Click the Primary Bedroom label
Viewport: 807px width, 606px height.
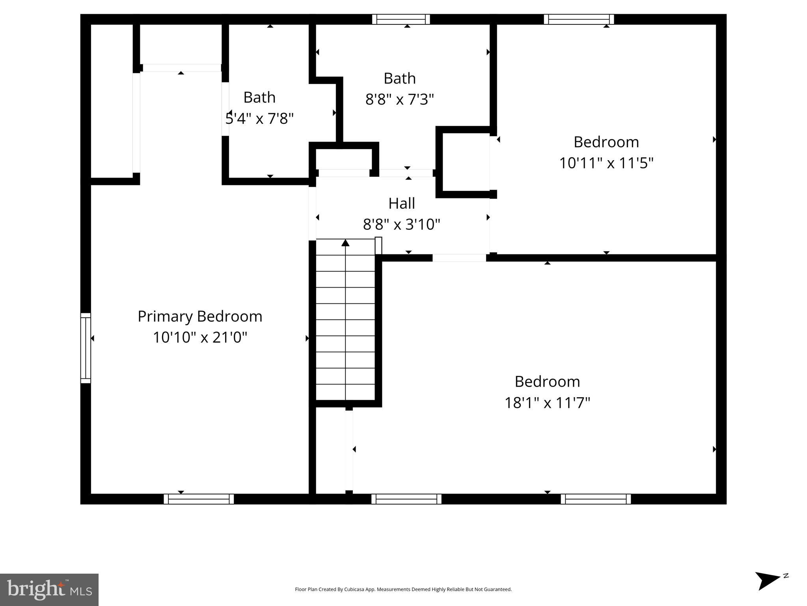(x=200, y=316)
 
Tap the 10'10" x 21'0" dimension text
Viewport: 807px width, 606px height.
(x=200, y=337)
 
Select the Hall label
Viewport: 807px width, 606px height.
(x=401, y=204)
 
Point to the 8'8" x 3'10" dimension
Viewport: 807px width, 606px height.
(x=401, y=224)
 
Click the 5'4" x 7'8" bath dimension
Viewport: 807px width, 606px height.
(x=259, y=118)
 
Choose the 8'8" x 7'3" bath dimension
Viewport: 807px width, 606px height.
(x=399, y=99)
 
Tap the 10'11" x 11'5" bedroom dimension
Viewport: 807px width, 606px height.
(x=606, y=163)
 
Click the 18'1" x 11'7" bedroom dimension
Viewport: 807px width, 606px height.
(x=547, y=403)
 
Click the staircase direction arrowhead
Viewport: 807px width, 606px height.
(x=345, y=243)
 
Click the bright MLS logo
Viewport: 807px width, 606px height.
(x=49, y=590)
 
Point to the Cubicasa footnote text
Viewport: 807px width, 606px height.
(x=403, y=589)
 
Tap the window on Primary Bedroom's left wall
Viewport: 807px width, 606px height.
(x=86, y=348)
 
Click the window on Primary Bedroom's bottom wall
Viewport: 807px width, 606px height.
(x=199, y=499)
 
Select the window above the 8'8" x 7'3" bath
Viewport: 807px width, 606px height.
(x=401, y=19)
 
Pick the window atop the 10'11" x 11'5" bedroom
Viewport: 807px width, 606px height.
(x=578, y=19)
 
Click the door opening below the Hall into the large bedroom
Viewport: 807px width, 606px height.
(x=459, y=258)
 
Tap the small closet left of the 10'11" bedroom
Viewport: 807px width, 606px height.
(x=466, y=163)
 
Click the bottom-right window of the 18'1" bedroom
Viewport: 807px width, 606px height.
(x=595, y=499)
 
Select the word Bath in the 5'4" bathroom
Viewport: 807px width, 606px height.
(x=259, y=97)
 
